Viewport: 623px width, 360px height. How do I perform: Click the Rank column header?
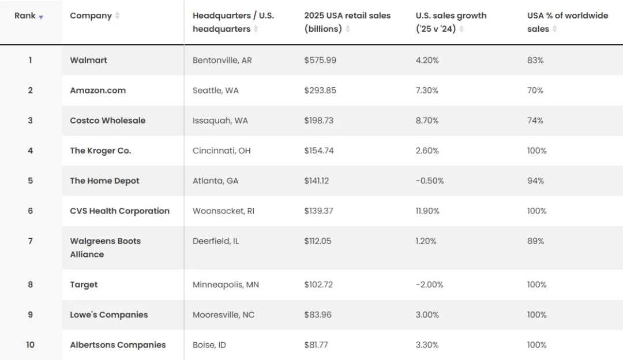[x=25, y=16]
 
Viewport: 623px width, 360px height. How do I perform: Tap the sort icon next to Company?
[x=117, y=16]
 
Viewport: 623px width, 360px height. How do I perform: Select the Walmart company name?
[x=89, y=60]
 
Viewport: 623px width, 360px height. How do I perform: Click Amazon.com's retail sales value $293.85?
[x=320, y=90]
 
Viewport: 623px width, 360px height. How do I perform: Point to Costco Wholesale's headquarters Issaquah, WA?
[x=220, y=121]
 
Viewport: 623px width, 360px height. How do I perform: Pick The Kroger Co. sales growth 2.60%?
[x=427, y=151]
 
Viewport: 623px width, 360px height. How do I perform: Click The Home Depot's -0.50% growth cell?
[x=430, y=181]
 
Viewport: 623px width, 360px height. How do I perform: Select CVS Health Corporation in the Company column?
[x=119, y=211]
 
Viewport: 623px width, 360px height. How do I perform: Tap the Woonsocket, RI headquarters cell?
[x=223, y=211]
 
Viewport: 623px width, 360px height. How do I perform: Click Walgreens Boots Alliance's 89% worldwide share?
[x=535, y=241]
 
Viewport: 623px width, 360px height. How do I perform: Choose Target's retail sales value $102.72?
[x=318, y=284]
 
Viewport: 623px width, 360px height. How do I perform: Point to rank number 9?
[x=30, y=314]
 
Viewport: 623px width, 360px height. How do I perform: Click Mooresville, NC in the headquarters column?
[x=223, y=314]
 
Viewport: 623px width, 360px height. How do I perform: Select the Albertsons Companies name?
[x=118, y=345]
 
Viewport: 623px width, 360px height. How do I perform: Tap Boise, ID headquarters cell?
[x=209, y=345]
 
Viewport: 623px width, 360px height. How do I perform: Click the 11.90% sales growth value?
[x=427, y=211]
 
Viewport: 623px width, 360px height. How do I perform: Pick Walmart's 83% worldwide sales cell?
[x=535, y=60]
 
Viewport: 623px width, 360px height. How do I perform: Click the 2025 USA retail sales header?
[x=347, y=22]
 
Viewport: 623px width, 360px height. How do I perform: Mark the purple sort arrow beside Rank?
[x=41, y=17]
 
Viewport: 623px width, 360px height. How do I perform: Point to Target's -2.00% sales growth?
[x=430, y=284]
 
